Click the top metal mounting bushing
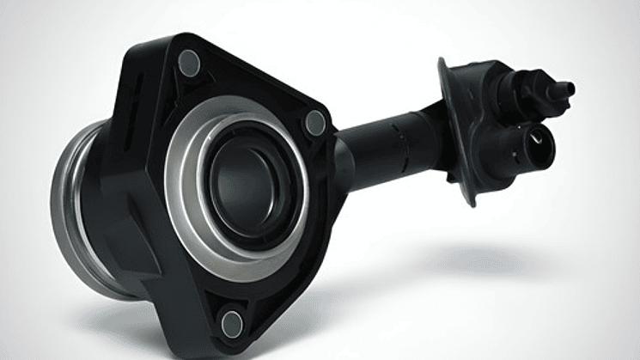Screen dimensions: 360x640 [189, 62]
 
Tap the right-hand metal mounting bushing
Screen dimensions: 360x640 [315, 123]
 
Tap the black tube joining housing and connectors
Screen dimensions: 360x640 [387, 146]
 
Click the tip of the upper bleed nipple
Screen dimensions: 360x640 [568, 88]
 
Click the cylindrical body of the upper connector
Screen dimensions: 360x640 [524, 86]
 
